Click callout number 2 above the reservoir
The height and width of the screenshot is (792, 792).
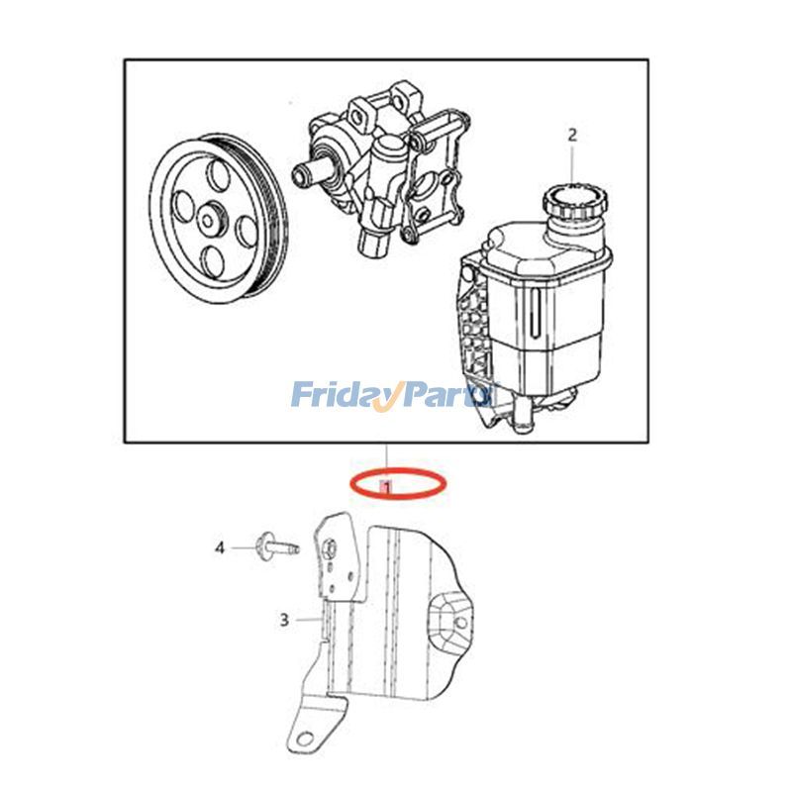pyautogui.click(x=571, y=134)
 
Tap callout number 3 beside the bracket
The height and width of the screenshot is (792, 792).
pyautogui.click(x=284, y=621)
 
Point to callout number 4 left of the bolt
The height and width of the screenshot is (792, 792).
pyautogui.click(x=222, y=545)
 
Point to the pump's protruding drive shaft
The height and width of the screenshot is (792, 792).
pyautogui.click(x=308, y=173)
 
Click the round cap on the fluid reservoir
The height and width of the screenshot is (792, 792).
pyautogui.click(x=568, y=203)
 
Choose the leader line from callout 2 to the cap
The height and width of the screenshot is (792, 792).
pyautogui.click(x=571, y=163)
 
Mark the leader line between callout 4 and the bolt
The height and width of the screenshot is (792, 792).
pyautogui.click(x=244, y=545)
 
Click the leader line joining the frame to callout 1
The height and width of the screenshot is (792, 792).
pyautogui.click(x=386, y=457)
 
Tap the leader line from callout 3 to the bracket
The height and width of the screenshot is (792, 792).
pyautogui.click(x=309, y=621)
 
